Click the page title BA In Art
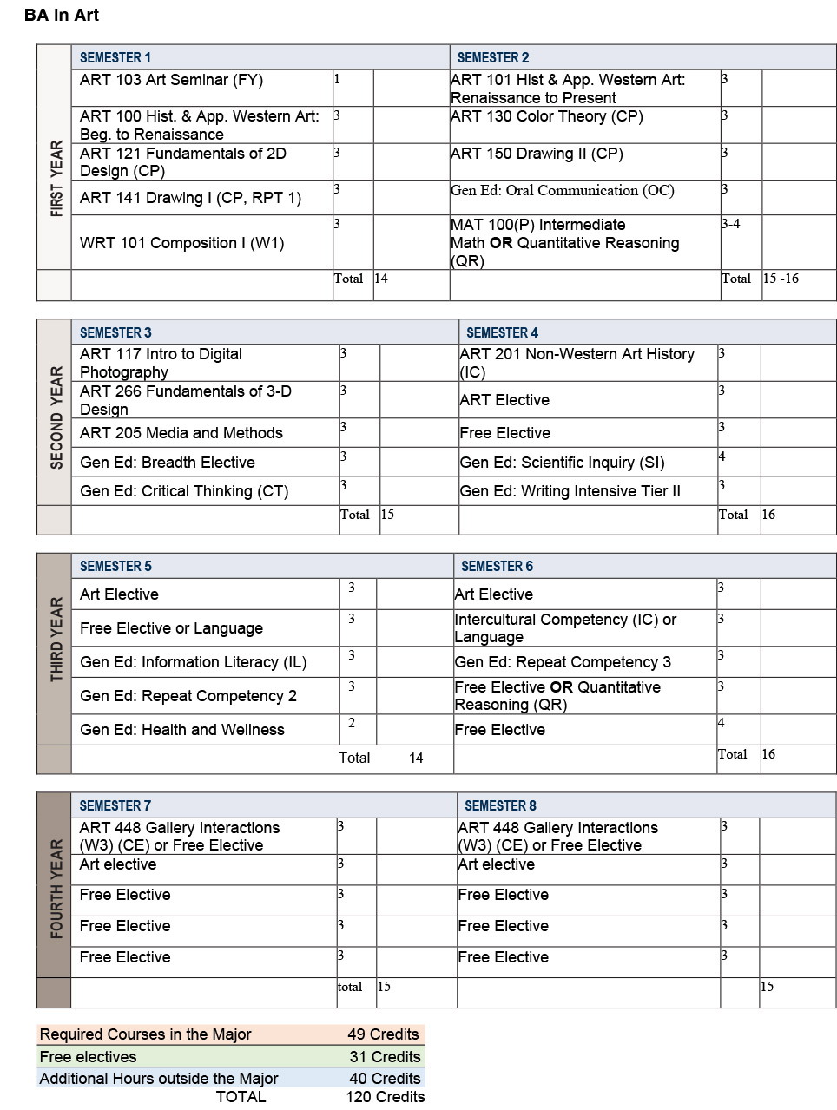(x=62, y=15)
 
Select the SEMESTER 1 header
(x=115, y=57)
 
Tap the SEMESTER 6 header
(x=497, y=566)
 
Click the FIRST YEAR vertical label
(x=56, y=179)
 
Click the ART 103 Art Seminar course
(x=171, y=80)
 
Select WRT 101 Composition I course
(x=181, y=243)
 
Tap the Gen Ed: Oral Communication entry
(x=562, y=190)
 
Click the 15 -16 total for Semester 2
(x=781, y=279)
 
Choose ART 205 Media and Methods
(x=181, y=433)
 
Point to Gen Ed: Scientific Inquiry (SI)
(x=562, y=463)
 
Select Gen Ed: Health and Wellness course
(x=181, y=730)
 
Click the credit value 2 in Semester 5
(x=351, y=723)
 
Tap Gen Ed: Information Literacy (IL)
(x=193, y=662)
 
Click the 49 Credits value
(x=383, y=1034)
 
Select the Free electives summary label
(x=88, y=1057)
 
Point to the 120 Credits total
(x=385, y=1097)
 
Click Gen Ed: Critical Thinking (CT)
(x=183, y=491)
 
